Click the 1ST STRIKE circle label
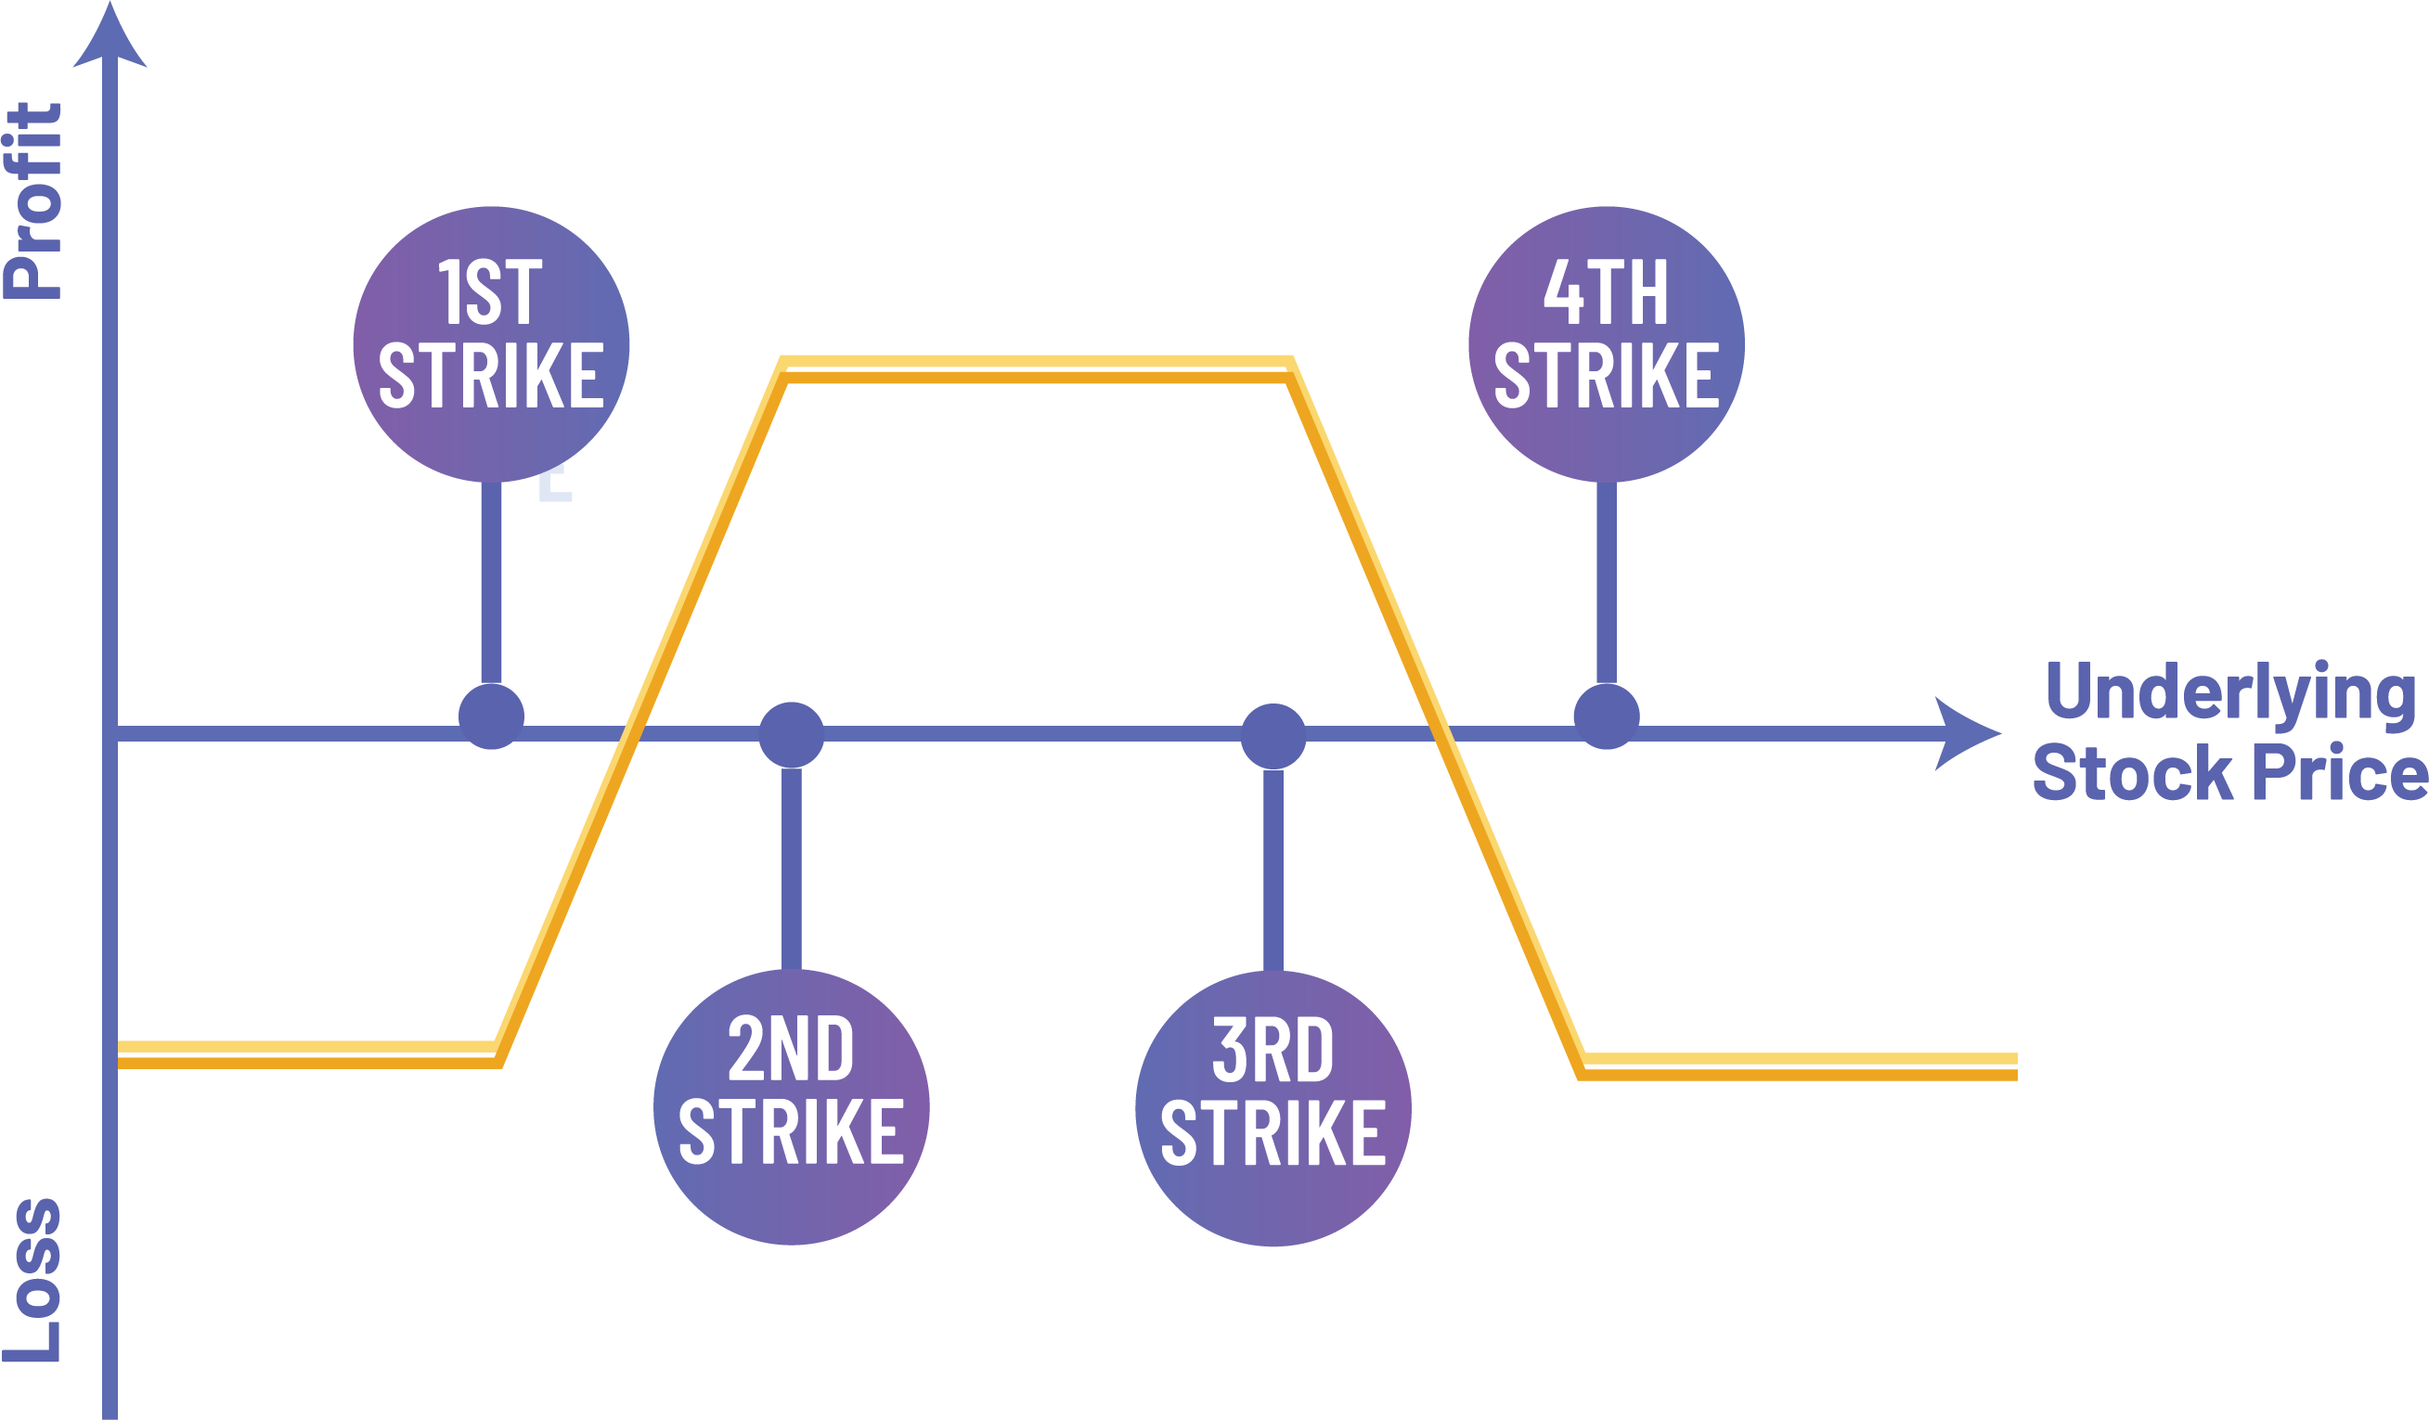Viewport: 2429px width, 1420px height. (x=491, y=343)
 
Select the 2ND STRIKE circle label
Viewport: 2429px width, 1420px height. (x=791, y=1106)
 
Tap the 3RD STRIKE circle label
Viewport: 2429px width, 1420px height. (x=1273, y=1109)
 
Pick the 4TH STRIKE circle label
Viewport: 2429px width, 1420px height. (x=1606, y=343)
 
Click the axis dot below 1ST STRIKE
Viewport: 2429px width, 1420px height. (x=491, y=716)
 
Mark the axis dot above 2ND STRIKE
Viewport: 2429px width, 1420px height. (x=791, y=734)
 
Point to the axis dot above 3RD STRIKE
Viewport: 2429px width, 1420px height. (x=1273, y=736)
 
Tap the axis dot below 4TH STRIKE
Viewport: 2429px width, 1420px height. (x=1606, y=716)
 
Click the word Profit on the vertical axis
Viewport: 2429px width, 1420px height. (x=33, y=200)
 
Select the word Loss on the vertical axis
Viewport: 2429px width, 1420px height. (x=33, y=1280)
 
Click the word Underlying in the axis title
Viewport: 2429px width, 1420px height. (x=2230, y=692)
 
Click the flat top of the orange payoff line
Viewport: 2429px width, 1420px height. (x=1036, y=369)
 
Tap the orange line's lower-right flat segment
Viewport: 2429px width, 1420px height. (x=1799, y=1066)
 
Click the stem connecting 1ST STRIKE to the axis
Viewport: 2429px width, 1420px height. (x=491, y=583)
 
